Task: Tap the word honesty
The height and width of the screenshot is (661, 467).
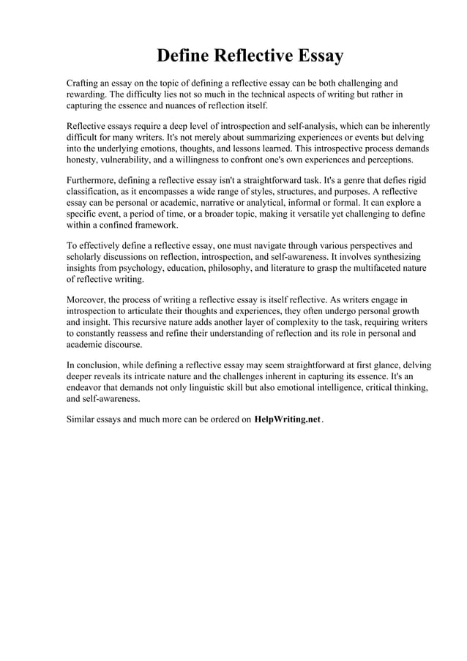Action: (x=83, y=159)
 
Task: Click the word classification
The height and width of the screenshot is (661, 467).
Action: (x=95, y=192)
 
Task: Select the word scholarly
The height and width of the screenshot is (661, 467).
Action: (x=86, y=257)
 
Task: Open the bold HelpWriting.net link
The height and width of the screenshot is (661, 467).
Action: (x=288, y=421)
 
